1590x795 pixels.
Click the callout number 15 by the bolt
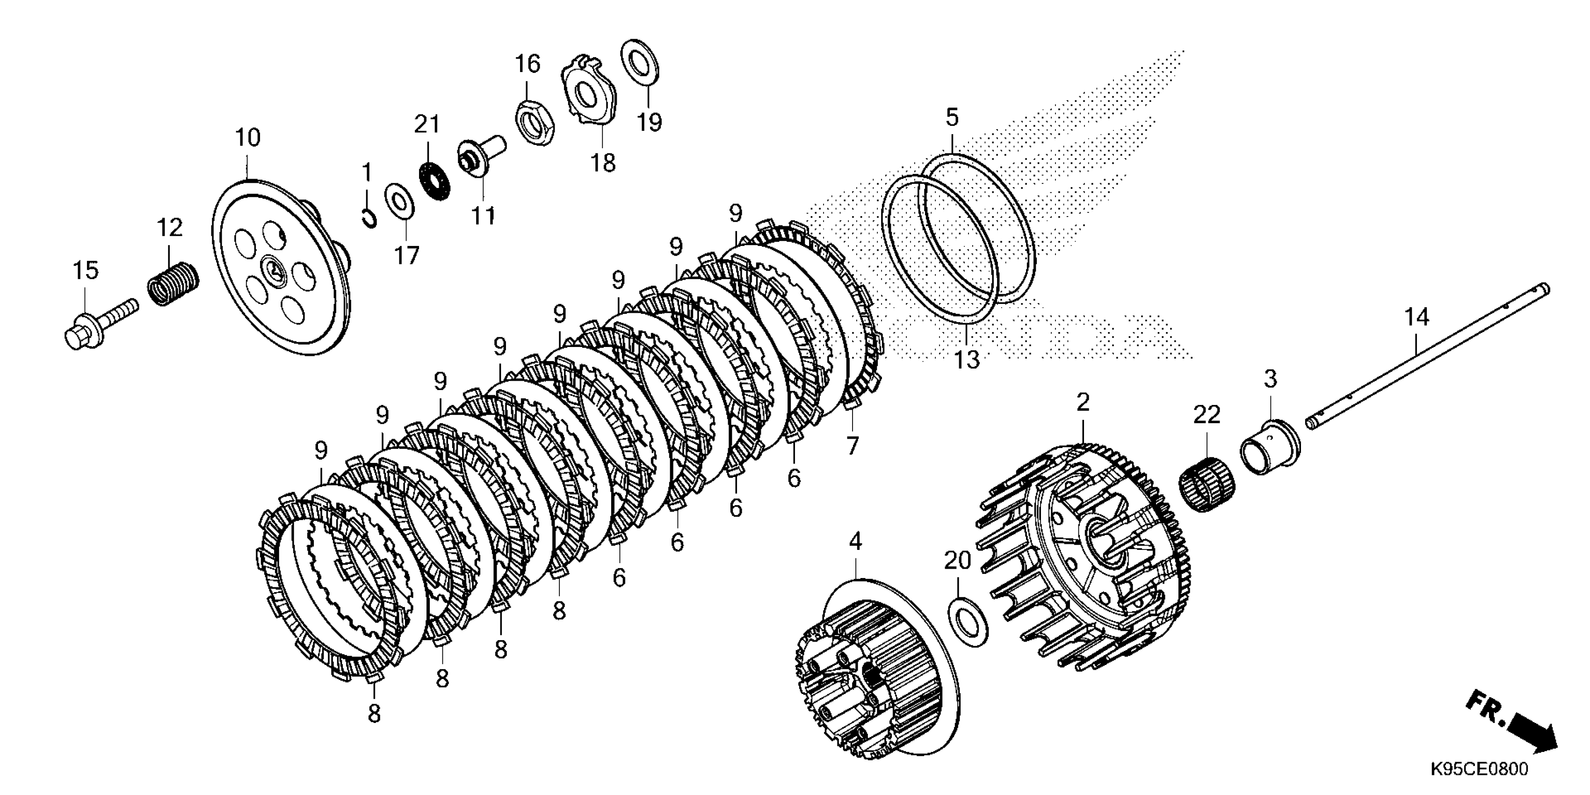(86, 270)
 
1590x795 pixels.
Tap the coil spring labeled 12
(173, 283)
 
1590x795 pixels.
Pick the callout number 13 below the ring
(967, 359)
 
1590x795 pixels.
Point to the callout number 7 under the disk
(853, 445)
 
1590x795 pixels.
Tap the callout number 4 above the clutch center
(855, 542)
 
